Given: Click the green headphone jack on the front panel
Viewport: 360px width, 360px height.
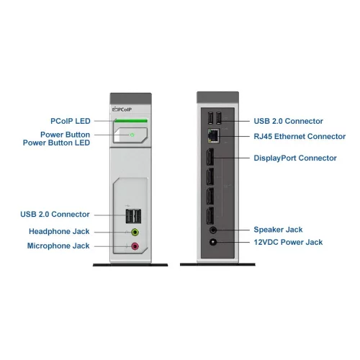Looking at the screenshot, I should pyautogui.click(x=135, y=233).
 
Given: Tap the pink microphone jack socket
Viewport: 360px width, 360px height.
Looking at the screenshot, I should pyautogui.click(x=135, y=247).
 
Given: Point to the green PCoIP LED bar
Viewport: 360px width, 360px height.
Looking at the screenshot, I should pyautogui.click(x=130, y=121).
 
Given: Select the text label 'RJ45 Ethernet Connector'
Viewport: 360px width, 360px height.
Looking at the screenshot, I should pyautogui.click(x=300, y=136).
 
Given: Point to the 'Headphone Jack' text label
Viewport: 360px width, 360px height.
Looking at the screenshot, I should pyautogui.click(x=59, y=232).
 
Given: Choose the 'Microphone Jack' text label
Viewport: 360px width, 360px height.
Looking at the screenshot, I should pyautogui.click(x=58, y=246).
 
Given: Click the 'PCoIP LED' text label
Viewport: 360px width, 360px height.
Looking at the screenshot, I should pyautogui.click(x=71, y=121).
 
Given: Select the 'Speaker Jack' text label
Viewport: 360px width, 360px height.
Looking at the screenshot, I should pyautogui.click(x=278, y=230).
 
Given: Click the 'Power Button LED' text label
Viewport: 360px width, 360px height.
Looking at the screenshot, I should pyautogui.click(x=56, y=143).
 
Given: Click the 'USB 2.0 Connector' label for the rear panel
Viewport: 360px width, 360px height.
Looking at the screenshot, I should pyautogui.click(x=288, y=121).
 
